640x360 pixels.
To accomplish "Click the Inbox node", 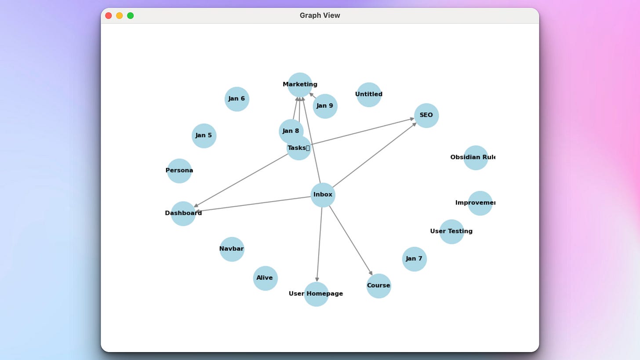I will (323, 195).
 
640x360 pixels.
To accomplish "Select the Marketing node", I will (300, 84).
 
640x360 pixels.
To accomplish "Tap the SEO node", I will (426, 115).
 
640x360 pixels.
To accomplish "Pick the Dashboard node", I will (183, 214).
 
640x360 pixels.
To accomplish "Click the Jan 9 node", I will (325, 106).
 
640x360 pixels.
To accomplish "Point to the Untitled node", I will (368, 95).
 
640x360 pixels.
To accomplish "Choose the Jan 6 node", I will (236, 99).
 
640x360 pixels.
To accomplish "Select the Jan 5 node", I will (204, 135).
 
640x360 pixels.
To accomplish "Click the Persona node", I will (179, 171).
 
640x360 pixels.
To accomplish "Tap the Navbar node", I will (232, 249).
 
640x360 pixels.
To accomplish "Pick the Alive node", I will (265, 278).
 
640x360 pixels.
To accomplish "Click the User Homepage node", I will (316, 294).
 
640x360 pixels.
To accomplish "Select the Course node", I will (378, 286).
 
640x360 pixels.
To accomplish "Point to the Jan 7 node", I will (414, 259).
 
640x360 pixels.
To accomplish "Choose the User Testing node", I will (451, 232).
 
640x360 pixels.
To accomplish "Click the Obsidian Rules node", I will (475, 157).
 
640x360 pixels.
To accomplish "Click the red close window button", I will (109, 16).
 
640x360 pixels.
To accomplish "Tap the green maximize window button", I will (131, 16).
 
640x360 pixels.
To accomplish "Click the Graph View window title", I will (320, 16).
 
